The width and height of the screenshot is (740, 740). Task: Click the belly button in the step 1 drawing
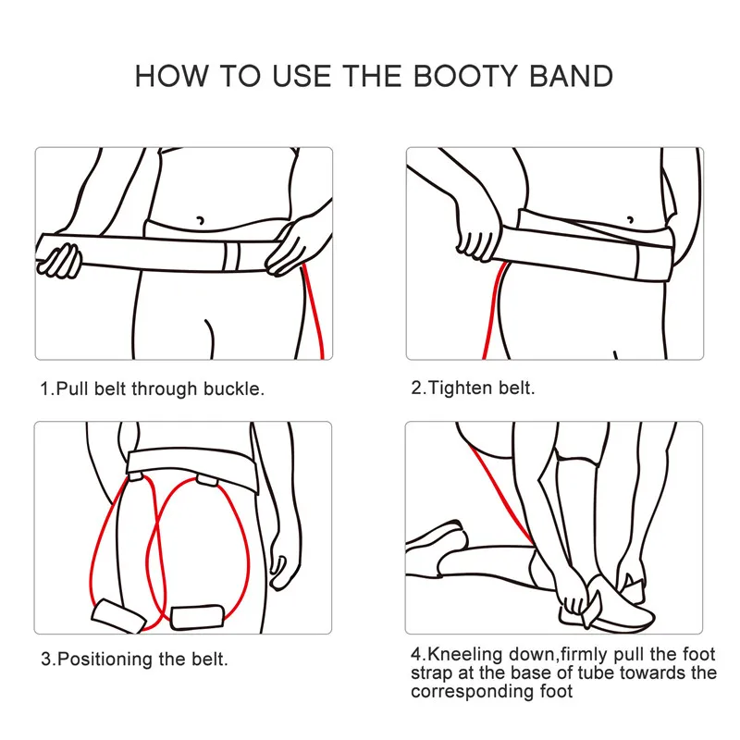199,220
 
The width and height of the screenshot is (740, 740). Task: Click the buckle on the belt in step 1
233,254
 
